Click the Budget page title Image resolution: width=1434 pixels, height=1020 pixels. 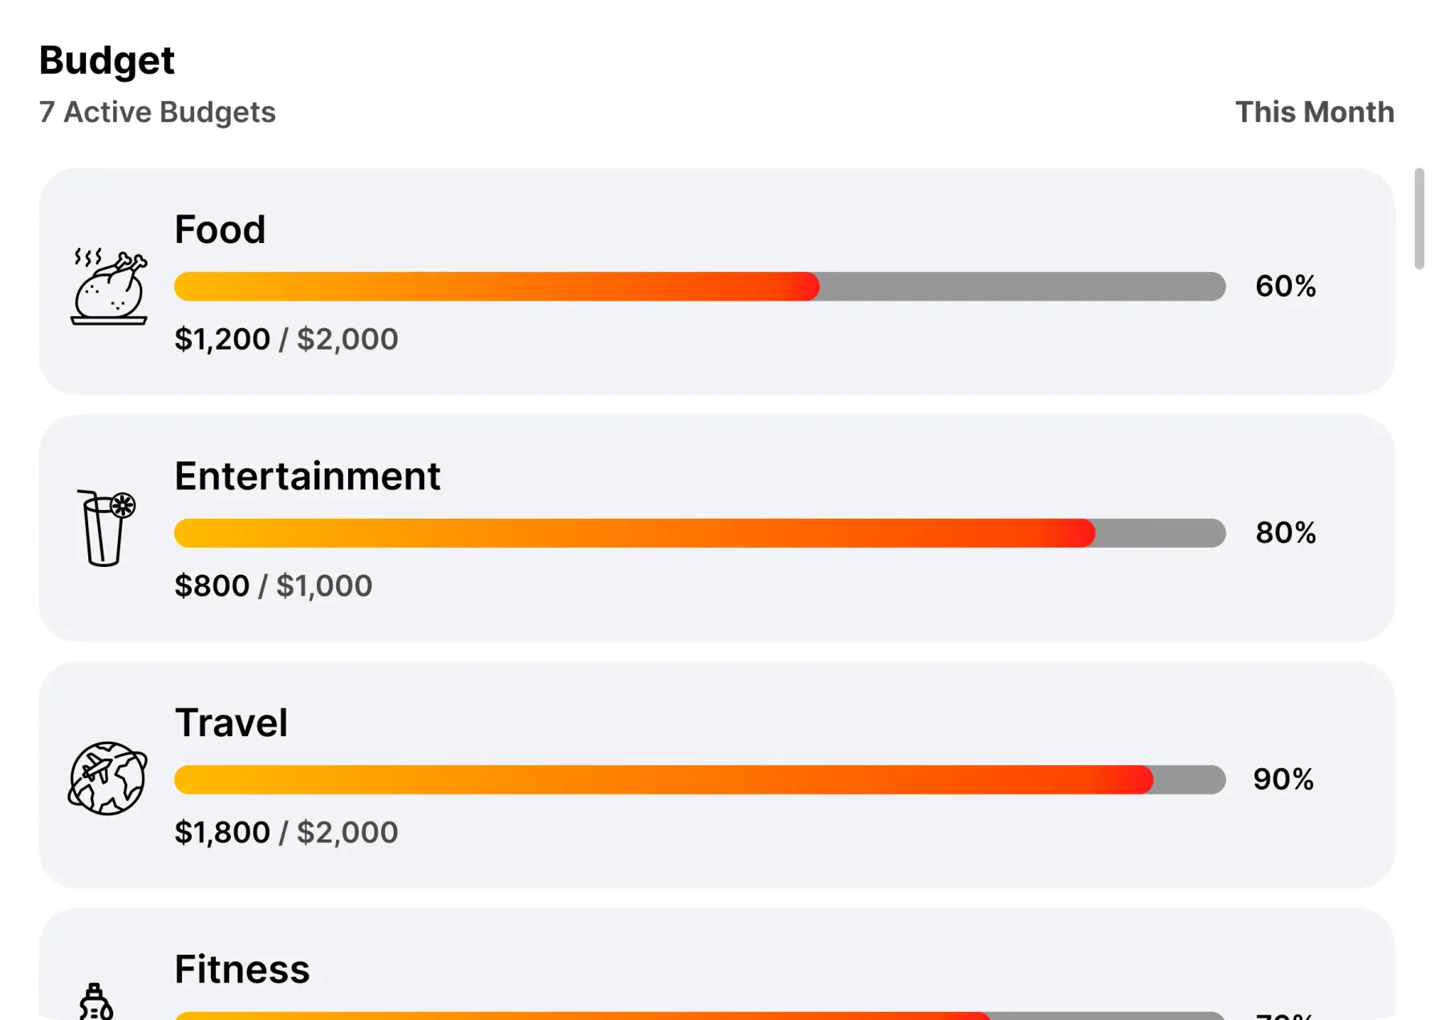pos(107,61)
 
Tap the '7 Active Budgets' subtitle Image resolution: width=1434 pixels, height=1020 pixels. pos(157,112)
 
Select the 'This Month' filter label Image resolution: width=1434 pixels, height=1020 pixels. pos(1314,112)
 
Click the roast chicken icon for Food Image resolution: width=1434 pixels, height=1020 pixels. pos(109,287)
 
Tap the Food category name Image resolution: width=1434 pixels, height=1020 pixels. pos(220,230)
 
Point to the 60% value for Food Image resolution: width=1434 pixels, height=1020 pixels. pos(1286,286)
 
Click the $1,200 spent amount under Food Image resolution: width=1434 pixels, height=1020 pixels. pos(222,339)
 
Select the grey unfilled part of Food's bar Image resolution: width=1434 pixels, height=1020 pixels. pos(1022,286)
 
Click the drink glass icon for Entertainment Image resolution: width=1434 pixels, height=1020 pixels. pos(105,528)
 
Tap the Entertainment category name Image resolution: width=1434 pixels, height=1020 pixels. pos(307,476)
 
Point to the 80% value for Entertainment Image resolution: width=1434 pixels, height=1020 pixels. pos(1286,532)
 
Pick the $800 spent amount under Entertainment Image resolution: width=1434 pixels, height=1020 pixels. pos(212,586)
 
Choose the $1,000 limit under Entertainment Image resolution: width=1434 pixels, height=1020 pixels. pos(324,586)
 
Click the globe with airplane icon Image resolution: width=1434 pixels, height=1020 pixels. pos(107,778)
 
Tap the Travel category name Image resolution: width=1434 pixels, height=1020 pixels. pos(231,722)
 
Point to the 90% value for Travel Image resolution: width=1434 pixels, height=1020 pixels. pos(1283,779)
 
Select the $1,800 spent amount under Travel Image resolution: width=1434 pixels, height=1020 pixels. pos(222,832)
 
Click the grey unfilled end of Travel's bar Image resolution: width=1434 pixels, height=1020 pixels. pos(1189,779)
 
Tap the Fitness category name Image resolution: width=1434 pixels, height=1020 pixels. pos(242,969)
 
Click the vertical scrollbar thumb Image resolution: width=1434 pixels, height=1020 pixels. pos(1419,218)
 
